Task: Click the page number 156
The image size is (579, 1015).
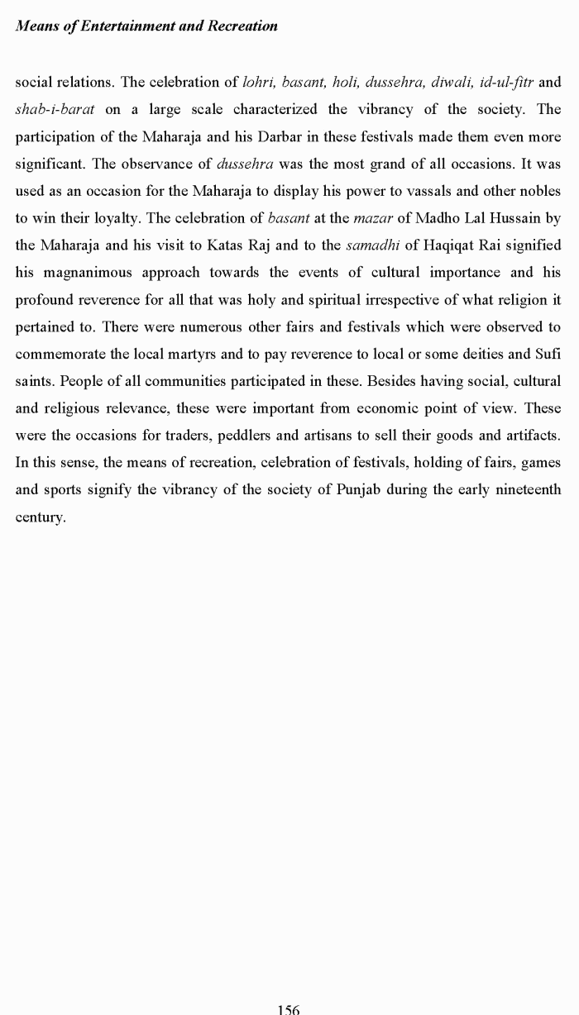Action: coord(289,1009)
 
